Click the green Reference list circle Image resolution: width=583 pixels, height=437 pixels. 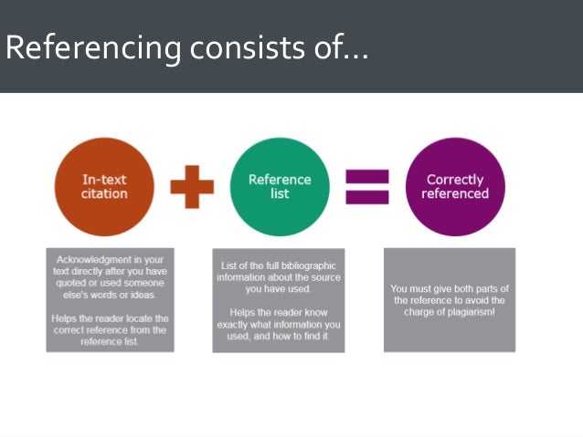[279, 187]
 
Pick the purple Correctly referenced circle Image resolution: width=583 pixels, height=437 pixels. [454, 187]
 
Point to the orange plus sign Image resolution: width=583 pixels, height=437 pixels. [192, 187]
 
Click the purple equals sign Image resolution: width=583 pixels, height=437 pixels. [366, 187]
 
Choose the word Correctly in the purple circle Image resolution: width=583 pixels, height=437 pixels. [454, 180]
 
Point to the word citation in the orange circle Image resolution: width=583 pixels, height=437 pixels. [105, 193]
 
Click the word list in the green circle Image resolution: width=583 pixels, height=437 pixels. [279, 193]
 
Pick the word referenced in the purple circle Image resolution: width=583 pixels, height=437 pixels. [454, 193]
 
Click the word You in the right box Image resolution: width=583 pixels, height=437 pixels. [400, 288]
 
